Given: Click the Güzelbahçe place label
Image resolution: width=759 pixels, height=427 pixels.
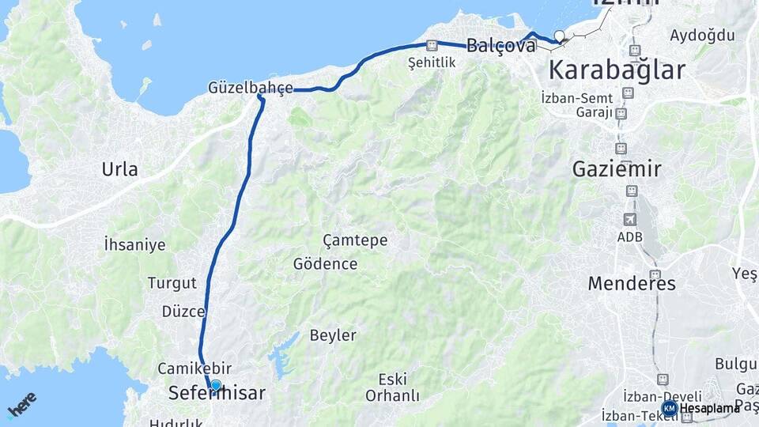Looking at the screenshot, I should pos(251,87).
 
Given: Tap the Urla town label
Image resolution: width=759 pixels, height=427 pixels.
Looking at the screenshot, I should pos(119,168).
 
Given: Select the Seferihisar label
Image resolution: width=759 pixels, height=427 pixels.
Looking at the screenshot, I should pos(217,393).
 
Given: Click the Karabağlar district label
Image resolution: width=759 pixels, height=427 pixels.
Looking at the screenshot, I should pos(617,70).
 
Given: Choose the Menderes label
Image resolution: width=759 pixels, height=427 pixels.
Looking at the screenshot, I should pos(632,283).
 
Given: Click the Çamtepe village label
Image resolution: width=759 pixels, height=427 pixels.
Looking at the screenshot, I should pos(355,240).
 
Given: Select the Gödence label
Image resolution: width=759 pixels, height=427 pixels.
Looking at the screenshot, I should pos(325,264).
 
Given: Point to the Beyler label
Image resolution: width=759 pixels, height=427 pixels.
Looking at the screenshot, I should pos(333,335).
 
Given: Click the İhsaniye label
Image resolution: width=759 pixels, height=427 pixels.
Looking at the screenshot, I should pos(134,244).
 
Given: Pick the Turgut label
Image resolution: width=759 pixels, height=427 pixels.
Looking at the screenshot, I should pos(166,282).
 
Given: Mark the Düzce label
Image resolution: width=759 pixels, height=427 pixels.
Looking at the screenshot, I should pos(183,312).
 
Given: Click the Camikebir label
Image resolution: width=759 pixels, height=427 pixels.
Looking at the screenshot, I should pos(194,368).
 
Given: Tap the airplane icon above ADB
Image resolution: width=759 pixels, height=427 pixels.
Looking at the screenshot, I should pos(630,219).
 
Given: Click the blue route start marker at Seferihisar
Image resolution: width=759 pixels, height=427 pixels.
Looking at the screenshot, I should pos(216,385).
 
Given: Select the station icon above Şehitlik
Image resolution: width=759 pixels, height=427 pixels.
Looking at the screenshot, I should pos(431,46).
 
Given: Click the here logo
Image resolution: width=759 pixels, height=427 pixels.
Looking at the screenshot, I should pos(21,406).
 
